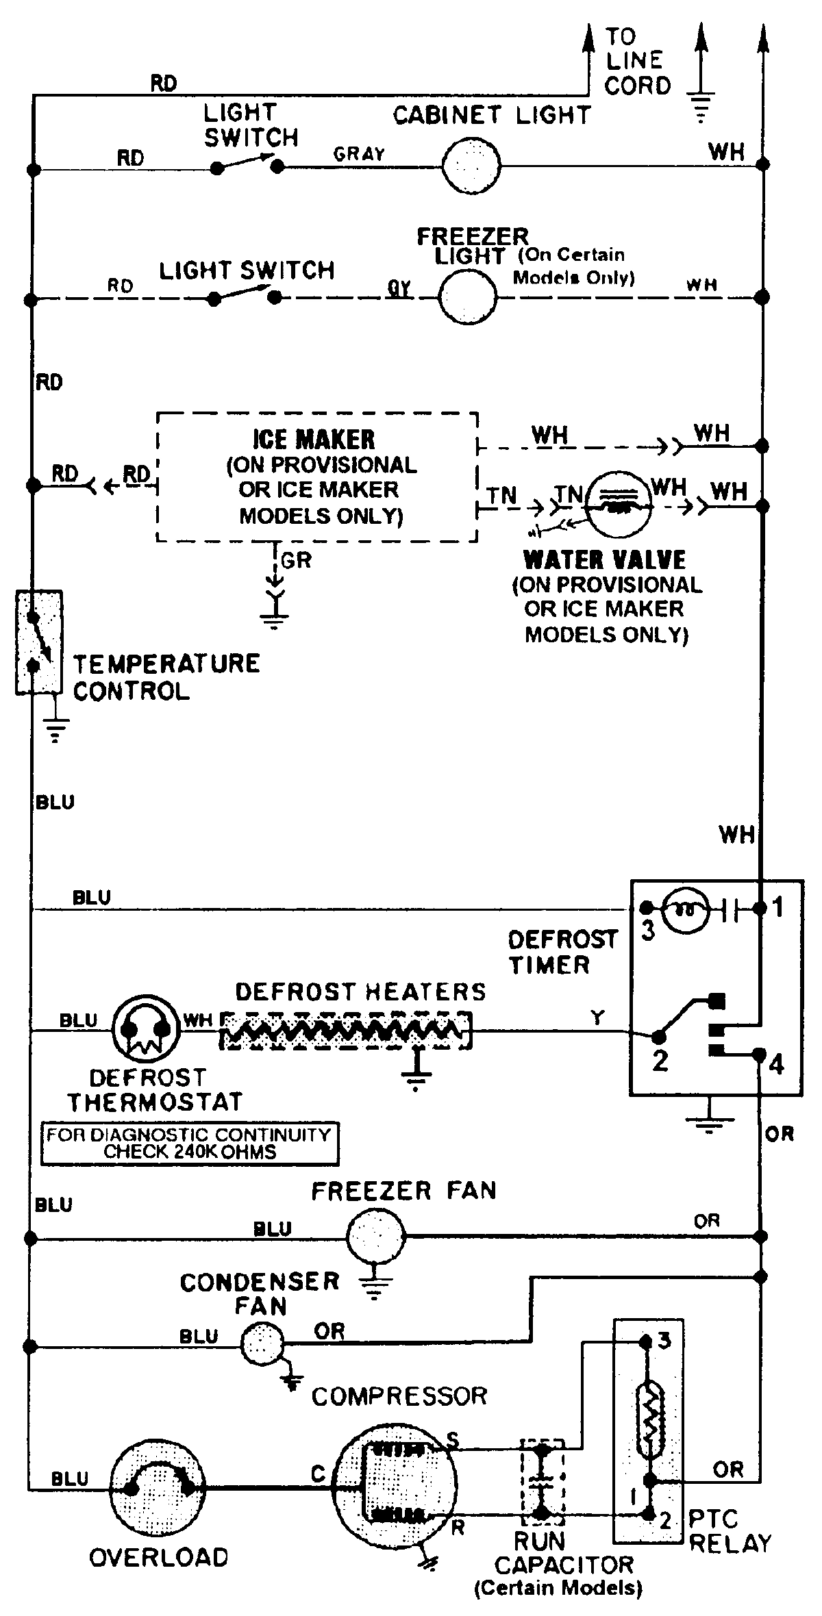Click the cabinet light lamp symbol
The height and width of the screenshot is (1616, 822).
point(471,165)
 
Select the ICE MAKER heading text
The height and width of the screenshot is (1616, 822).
point(314,440)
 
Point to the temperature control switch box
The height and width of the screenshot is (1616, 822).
point(39,642)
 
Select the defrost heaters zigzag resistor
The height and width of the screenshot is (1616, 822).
point(346,1030)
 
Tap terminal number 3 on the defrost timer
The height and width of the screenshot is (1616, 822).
point(647,930)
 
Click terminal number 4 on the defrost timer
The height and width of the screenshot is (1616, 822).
point(775,1065)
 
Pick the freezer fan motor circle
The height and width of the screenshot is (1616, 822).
point(376,1236)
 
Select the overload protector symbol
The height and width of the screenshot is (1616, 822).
point(158,1487)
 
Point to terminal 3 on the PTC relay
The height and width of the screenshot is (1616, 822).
point(663,1340)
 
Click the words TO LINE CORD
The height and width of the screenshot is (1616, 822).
point(636,60)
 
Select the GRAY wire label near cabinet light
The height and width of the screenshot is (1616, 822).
point(359,154)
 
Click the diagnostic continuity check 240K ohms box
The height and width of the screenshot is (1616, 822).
point(189,1143)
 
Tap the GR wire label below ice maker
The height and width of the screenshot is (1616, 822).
point(296,560)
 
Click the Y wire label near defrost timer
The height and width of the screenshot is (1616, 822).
point(598,1018)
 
